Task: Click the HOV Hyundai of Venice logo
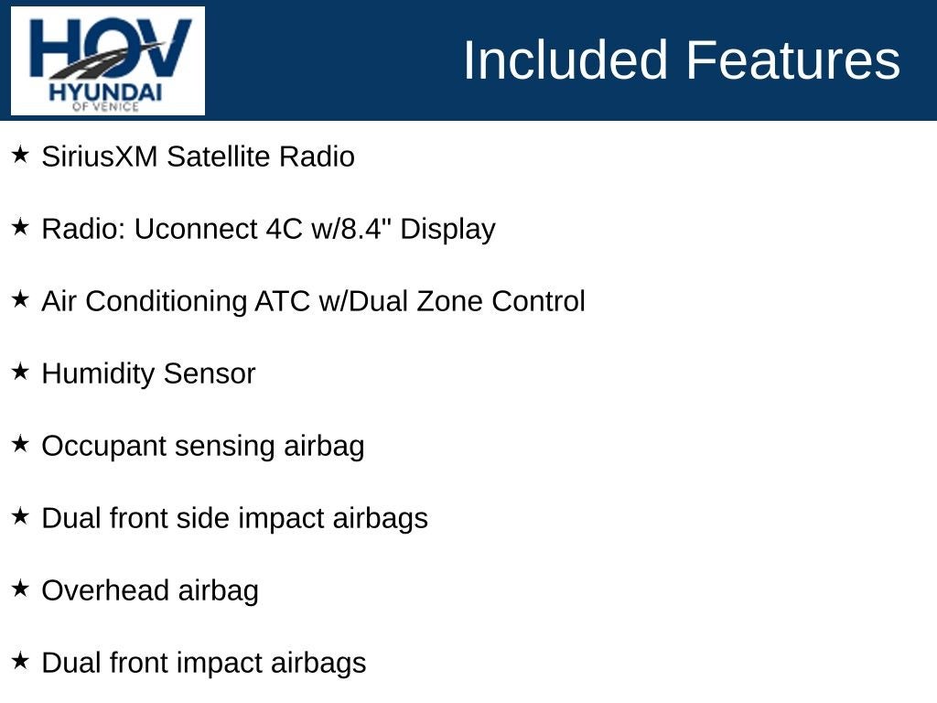click(x=108, y=60)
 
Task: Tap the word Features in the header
click(x=793, y=59)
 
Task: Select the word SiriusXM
click(x=100, y=157)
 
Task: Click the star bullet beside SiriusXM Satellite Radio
click(x=20, y=154)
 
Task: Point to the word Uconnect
click(x=196, y=229)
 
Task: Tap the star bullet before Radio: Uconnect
click(x=20, y=227)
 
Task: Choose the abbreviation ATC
click(x=283, y=301)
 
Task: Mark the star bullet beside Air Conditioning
click(x=20, y=299)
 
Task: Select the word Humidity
click(x=99, y=374)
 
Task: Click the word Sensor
click(x=210, y=374)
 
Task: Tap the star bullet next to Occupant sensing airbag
click(x=20, y=444)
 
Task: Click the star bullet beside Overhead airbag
click(x=20, y=589)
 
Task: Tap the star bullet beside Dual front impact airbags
click(x=20, y=661)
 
